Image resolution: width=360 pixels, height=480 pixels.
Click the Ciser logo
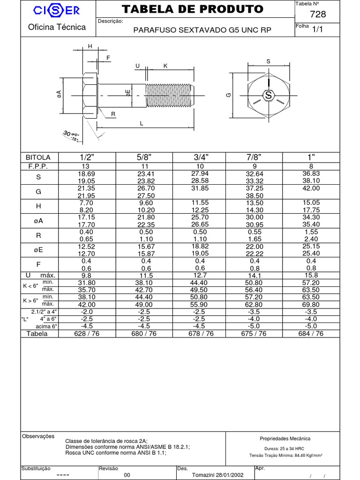pos(57,10)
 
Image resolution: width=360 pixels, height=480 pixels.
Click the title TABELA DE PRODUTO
pos(193,9)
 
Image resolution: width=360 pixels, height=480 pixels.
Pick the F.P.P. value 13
pos(86,166)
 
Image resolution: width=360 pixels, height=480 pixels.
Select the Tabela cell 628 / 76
pos(86,333)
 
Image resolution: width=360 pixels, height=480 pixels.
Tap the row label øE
pos(38,249)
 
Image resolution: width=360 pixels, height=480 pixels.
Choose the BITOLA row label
pos(38,157)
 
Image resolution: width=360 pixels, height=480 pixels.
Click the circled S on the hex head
pos(269,95)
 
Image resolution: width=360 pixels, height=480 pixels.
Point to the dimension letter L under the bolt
pos(141,123)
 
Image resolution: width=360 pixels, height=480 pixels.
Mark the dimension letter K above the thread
pos(165,66)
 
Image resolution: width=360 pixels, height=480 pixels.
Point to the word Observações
pos(38,436)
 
